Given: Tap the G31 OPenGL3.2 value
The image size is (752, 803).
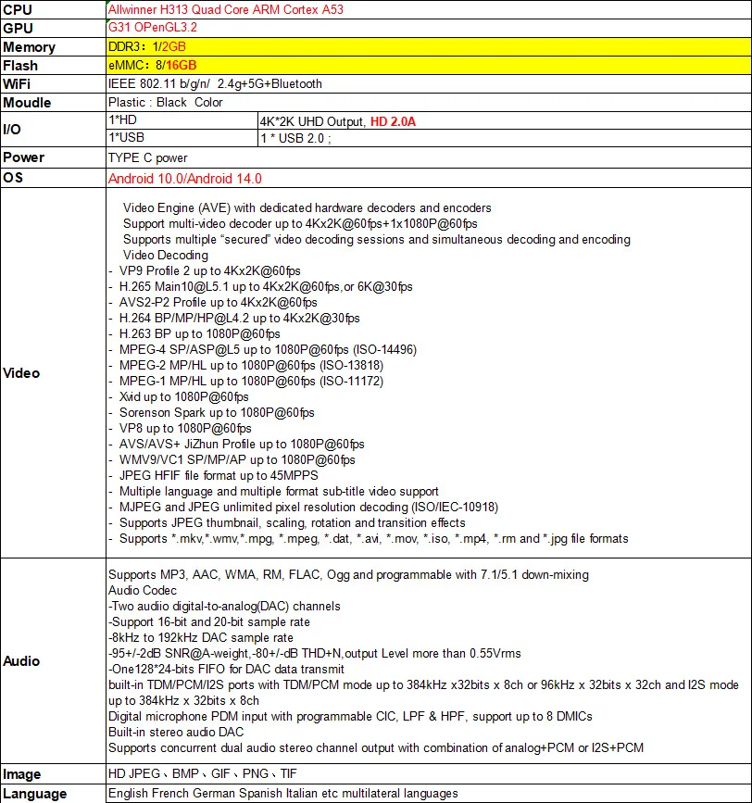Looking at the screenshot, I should point(153,28).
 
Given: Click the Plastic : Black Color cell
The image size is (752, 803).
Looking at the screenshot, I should point(165,102).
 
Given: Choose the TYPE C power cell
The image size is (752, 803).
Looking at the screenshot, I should point(147,157).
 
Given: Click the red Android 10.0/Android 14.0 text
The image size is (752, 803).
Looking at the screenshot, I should point(184,178).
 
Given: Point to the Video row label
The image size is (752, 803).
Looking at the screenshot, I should point(21,373).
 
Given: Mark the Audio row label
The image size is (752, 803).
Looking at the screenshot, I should point(21,661).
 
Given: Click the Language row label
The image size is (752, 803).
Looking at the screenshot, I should point(35,793).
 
